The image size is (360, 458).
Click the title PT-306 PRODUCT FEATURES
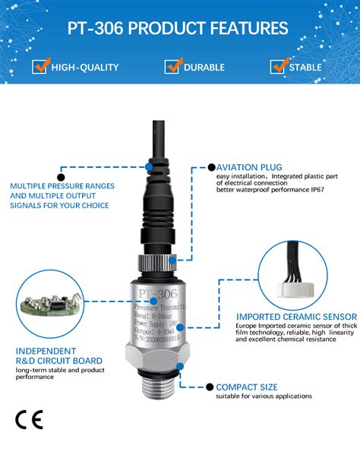point(179,29)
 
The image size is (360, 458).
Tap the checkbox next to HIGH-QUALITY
point(41,67)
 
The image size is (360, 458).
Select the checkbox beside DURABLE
point(172,67)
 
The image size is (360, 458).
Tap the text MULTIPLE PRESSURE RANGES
point(62,185)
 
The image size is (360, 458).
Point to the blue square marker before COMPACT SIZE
point(210,387)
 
